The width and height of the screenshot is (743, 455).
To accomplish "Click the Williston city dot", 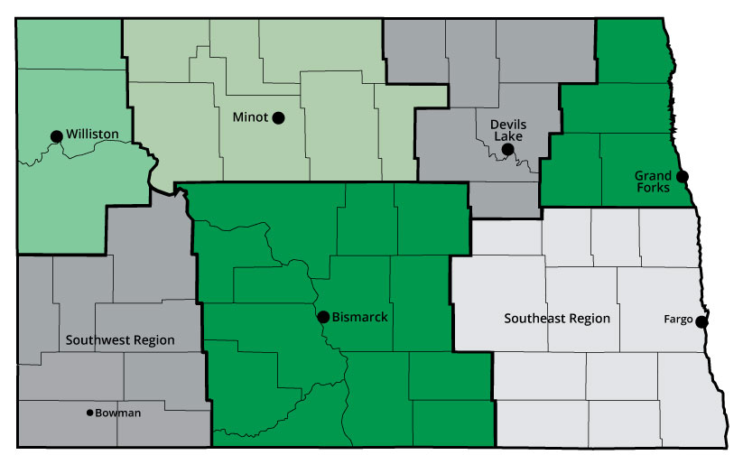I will pos(56,136).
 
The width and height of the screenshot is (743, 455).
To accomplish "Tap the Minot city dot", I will pos(278,117).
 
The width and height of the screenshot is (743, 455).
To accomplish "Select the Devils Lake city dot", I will pos(507,149).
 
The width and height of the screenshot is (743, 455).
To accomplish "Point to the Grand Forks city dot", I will pos(682,176).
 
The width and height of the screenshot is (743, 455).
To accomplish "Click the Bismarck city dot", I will pos(322,317).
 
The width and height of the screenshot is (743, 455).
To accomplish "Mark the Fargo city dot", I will pos(701,320).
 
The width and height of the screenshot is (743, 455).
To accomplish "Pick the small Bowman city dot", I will pos(88,413).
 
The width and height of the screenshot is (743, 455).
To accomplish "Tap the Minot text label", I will pos(249,117).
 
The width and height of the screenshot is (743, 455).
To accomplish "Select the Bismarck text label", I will pos(360,317).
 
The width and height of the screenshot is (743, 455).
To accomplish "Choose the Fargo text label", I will pos(678,320).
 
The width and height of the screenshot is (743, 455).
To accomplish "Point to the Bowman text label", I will pos(115,413).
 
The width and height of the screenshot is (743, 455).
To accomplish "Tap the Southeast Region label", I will pos(557,319).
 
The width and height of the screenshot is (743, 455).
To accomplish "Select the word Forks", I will pos(652,188).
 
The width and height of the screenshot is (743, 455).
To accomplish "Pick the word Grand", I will pos(653,175).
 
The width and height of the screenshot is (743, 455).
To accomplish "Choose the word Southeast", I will pos(534,319).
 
